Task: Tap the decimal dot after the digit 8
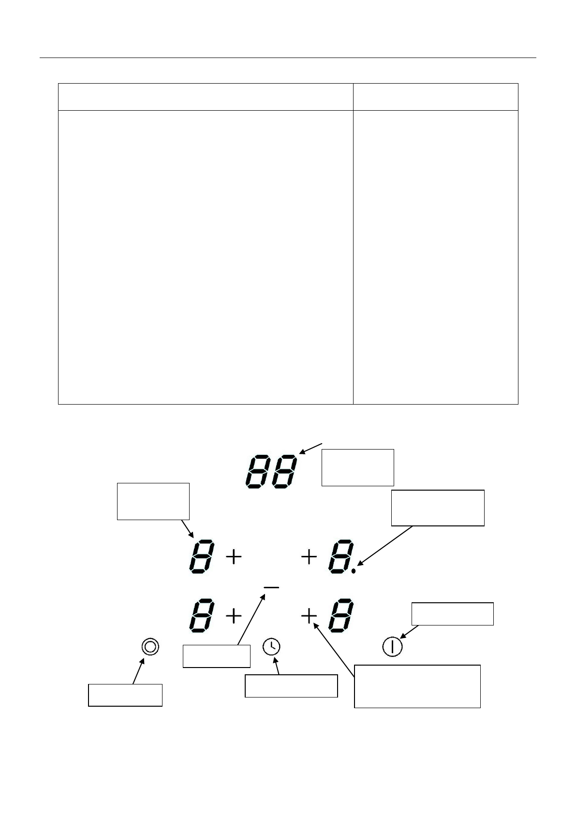(354, 571)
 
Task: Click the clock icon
(272, 646)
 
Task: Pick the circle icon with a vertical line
(392, 646)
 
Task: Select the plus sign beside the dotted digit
(309, 558)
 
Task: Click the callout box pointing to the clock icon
(291, 685)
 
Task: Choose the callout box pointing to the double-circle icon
(125, 695)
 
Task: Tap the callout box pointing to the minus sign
(216, 656)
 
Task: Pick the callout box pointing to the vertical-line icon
(452, 614)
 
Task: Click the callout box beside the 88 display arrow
(358, 467)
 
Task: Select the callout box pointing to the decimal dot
(437, 508)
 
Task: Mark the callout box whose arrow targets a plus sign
(417, 686)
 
